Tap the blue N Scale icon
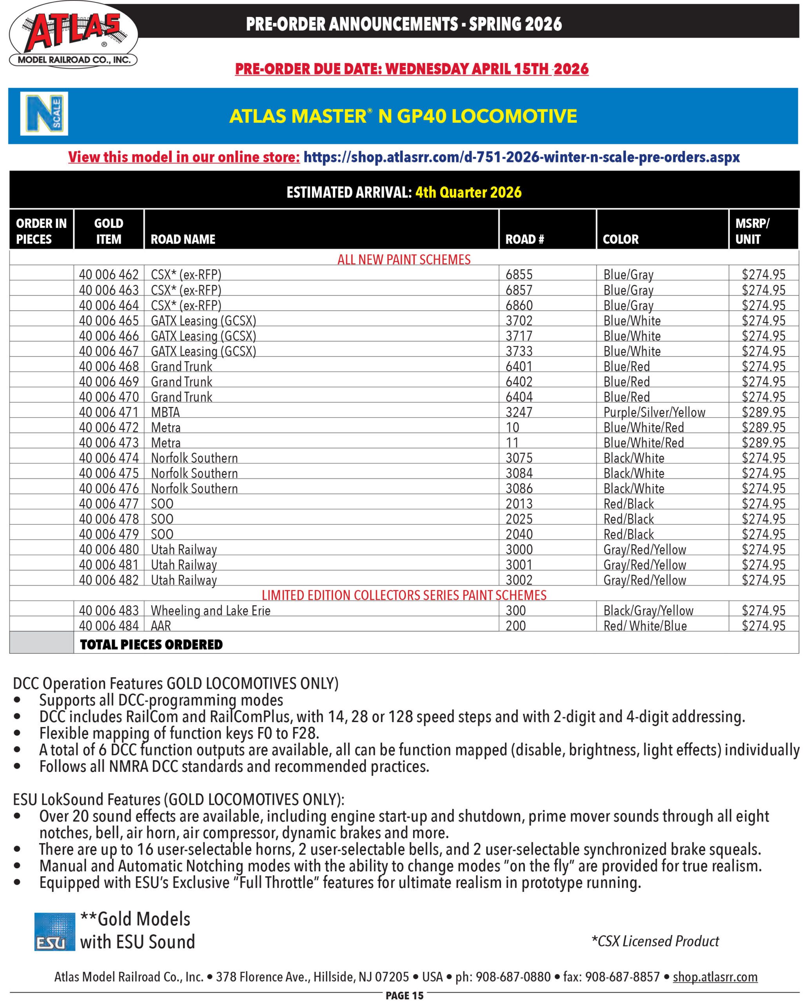click(44, 114)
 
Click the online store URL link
click(521, 157)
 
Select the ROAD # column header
click(524, 239)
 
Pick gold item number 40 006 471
click(109, 412)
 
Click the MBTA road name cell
click(165, 412)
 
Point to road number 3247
click(519, 412)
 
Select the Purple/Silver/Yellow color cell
click(654, 412)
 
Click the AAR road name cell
click(161, 626)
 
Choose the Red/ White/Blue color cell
click(645, 626)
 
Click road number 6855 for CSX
click(519, 275)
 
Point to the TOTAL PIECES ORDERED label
click(151, 645)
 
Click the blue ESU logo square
click(54, 931)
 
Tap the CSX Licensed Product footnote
click(655, 941)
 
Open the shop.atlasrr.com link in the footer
click(715, 977)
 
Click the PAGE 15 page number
click(404, 996)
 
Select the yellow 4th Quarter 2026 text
click(468, 192)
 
